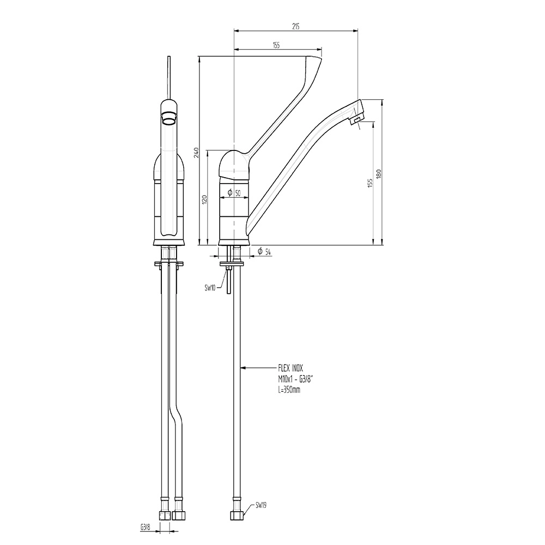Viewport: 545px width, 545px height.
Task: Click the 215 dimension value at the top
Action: coord(296,26)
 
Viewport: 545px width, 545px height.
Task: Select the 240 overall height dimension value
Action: coord(196,153)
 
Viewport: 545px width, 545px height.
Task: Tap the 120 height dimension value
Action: coord(205,199)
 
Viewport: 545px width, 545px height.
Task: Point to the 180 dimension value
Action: coord(379,174)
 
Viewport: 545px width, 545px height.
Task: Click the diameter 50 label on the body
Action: coord(234,193)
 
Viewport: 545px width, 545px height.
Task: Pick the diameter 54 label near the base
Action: coord(264,252)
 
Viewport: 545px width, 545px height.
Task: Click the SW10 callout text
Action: coord(210,287)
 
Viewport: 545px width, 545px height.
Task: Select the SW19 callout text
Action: coord(261,506)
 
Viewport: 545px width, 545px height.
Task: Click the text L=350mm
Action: coord(289,390)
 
